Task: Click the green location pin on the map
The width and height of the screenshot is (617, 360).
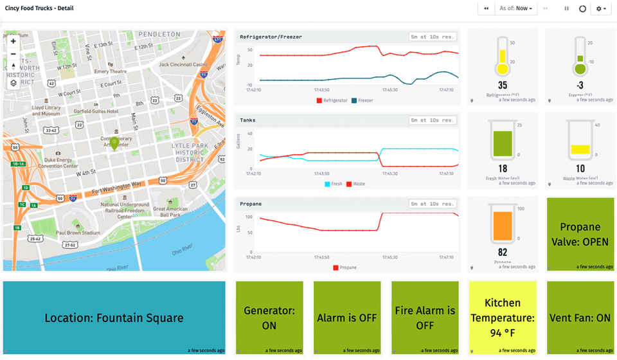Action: (114, 143)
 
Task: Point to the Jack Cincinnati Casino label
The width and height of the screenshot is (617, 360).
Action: (183, 64)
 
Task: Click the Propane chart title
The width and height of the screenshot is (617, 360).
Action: (251, 204)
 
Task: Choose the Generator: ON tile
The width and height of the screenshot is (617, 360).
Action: (269, 318)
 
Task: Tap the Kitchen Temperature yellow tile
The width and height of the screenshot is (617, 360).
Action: (503, 318)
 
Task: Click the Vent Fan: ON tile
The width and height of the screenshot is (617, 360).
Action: (580, 318)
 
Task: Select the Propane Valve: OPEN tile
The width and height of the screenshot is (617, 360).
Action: (580, 234)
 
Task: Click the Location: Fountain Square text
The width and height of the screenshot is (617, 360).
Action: (114, 318)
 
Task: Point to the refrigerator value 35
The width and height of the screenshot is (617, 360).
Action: (502, 85)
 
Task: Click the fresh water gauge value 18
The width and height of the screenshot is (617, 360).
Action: (503, 168)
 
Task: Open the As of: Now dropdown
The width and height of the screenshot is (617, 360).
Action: (517, 8)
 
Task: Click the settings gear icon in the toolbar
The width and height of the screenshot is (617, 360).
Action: (602, 8)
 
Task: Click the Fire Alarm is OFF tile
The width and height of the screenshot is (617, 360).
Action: (425, 318)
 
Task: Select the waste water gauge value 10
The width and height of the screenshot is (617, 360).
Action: (580, 168)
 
